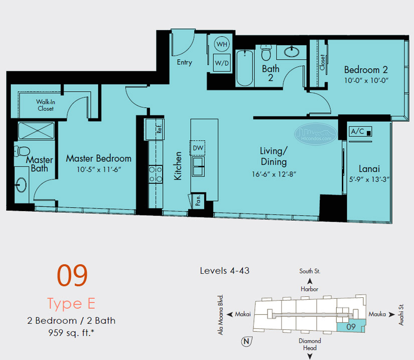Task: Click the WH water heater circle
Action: click(222, 44)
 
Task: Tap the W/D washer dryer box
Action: click(222, 63)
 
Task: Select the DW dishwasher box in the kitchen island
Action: click(198, 148)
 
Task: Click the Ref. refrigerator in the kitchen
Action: click(155, 129)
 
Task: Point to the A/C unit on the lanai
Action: click(360, 131)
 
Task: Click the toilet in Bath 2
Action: click(266, 53)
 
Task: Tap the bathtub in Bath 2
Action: click(245, 68)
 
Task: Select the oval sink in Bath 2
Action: click(292, 52)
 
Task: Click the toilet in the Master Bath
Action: click(22, 151)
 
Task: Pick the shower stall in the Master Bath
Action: click(36, 130)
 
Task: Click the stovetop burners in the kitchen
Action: click(156, 174)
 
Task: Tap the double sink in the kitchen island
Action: click(198, 166)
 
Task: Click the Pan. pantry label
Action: click(198, 201)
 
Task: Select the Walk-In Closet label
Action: click(45, 105)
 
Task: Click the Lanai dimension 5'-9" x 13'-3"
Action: click(369, 179)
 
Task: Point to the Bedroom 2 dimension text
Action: click(366, 80)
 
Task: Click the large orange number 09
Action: click(72, 276)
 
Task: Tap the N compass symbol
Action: click(246, 341)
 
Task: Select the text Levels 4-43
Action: click(225, 271)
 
